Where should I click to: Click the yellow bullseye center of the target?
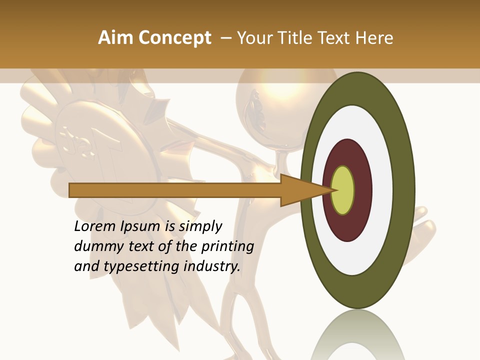(343, 190)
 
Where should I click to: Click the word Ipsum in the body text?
(140, 227)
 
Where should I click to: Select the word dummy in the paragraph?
(96, 246)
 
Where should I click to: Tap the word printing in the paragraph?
(229, 247)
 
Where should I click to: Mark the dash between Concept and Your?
(225, 38)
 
